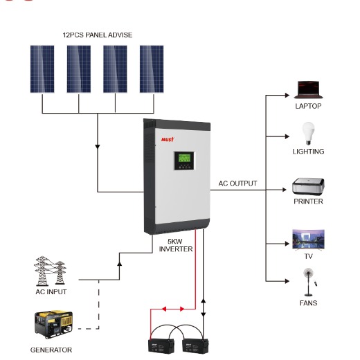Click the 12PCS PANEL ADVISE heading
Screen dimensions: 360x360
coord(98,35)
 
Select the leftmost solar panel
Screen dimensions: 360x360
coord(42,69)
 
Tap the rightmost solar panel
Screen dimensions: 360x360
coord(152,69)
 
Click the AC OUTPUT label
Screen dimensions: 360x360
coord(237,183)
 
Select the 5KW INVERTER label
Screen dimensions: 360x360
coord(176,245)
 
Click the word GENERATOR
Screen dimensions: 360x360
coord(51,350)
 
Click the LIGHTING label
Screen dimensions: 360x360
coord(308,151)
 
